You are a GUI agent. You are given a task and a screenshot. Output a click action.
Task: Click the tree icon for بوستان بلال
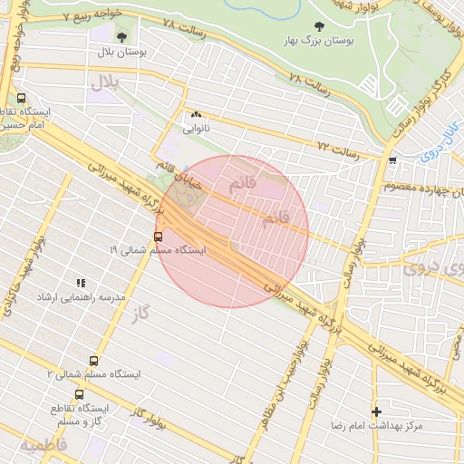pyautogui.click(x=122, y=37)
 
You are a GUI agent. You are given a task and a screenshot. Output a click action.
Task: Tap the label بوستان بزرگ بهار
pyautogui.click(x=317, y=42)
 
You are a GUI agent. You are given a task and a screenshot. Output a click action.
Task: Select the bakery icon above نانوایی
pyautogui.click(x=196, y=115)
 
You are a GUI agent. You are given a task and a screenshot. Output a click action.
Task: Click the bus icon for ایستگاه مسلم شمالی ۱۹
pyautogui.click(x=159, y=237)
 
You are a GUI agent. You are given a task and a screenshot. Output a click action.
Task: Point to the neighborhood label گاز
pyautogui.click(x=138, y=314)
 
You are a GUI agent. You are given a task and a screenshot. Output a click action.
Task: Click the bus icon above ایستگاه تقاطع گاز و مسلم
pyautogui.click(x=79, y=394)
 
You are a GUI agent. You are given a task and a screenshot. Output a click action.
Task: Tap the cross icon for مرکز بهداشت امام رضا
pyautogui.click(x=376, y=411)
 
